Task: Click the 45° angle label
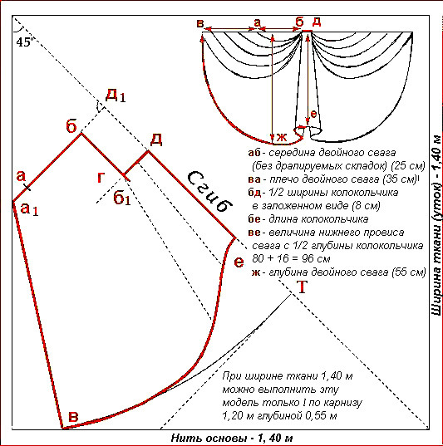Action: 23,42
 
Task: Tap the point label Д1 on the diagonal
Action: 116,96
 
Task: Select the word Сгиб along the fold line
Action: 209,191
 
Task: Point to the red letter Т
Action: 302,287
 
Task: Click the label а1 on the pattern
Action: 29,209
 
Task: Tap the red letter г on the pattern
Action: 101,178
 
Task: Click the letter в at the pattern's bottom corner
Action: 73,417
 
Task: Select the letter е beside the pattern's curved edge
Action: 239,262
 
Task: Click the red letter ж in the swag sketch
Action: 281,137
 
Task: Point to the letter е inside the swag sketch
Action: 313,114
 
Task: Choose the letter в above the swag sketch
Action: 200,23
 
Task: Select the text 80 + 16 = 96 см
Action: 291,258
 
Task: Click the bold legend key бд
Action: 254,193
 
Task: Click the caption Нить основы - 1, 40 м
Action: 232,438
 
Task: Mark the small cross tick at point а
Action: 27,188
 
